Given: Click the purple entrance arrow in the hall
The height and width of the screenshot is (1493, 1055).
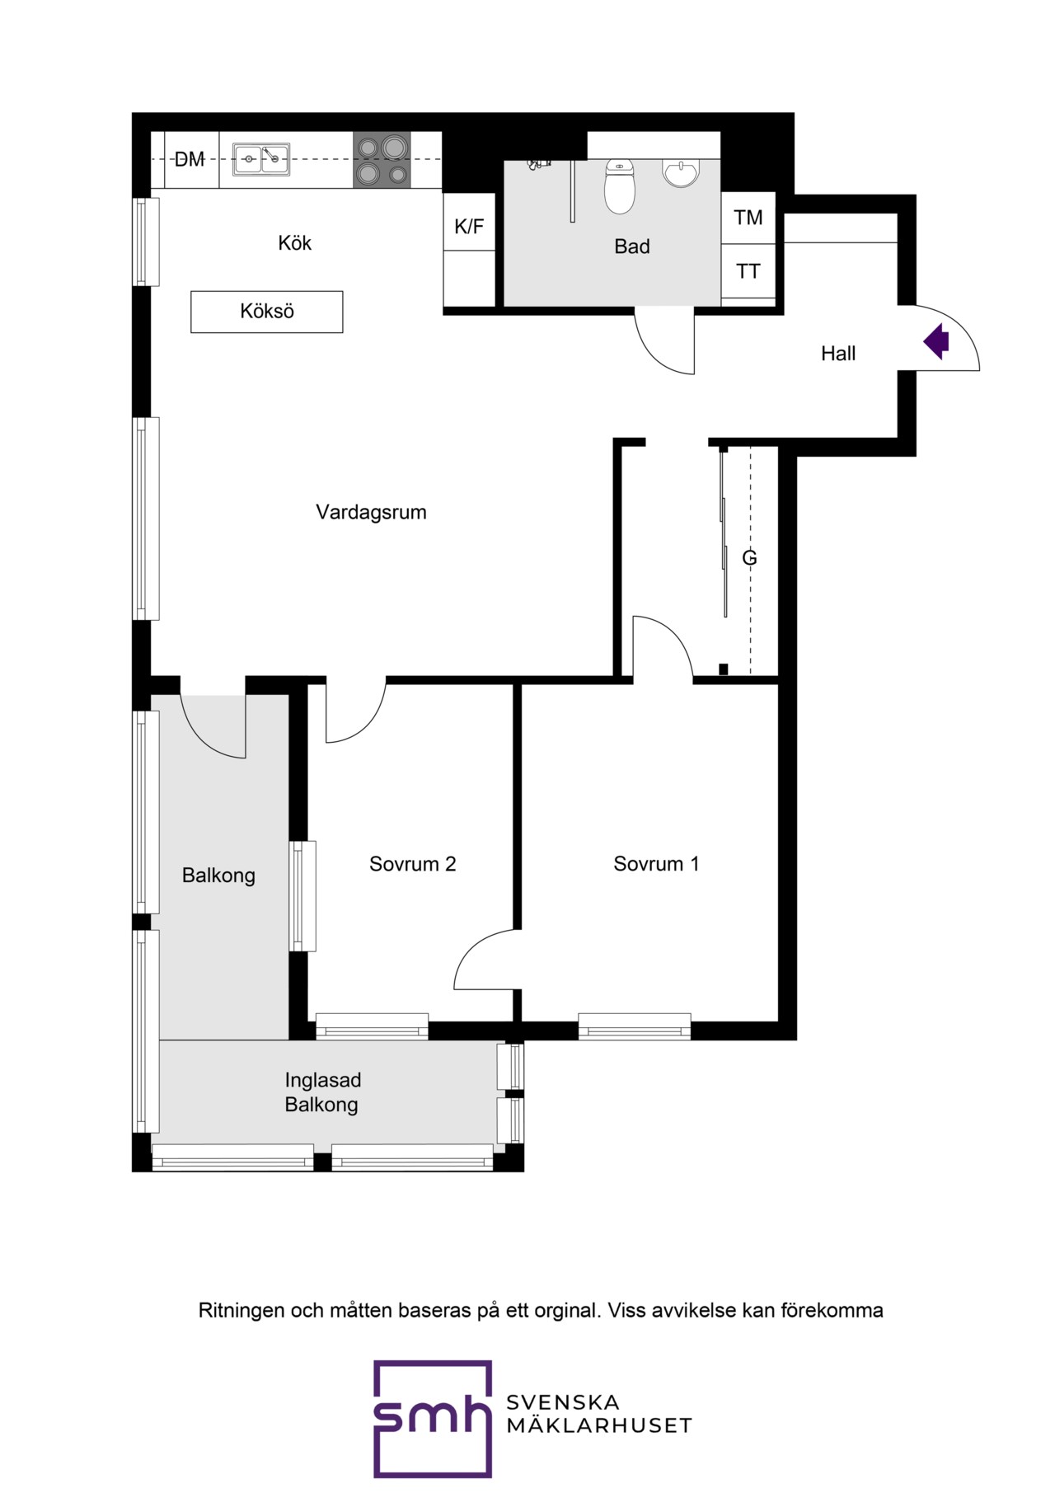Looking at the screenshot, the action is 937,341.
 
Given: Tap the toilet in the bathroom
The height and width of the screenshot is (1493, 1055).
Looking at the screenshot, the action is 620,186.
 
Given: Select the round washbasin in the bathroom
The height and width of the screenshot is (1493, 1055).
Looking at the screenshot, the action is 681,173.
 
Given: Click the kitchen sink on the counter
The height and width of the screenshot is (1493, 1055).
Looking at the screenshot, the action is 261,159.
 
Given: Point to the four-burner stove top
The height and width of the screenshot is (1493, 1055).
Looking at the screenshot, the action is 382,160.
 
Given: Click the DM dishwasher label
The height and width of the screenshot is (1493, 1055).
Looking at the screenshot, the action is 190,159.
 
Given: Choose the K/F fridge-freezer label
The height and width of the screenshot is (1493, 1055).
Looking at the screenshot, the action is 469,226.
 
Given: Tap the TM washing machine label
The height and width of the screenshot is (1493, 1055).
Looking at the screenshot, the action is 748,218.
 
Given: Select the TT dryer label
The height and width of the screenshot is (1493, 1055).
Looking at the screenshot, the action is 748,271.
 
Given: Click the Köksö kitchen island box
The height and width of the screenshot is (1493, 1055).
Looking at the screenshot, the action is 267,312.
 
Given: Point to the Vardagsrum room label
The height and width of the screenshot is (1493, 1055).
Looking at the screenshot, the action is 372,512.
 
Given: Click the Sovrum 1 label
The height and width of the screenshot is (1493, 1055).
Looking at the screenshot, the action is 656,864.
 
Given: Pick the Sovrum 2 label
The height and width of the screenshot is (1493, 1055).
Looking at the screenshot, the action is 413,864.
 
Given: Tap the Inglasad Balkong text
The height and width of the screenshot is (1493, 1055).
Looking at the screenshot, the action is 323,1092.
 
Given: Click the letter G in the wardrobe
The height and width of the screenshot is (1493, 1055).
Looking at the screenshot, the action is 749,558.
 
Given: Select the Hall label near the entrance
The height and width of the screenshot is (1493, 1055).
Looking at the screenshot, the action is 838,354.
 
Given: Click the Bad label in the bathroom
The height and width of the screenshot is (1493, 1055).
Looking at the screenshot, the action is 632,246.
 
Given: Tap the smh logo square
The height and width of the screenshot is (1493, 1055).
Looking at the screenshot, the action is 433,1419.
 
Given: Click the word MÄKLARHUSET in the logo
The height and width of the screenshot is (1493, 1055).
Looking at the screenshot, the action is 599,1425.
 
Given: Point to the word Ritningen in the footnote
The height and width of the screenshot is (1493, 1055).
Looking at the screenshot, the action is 241,1311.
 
